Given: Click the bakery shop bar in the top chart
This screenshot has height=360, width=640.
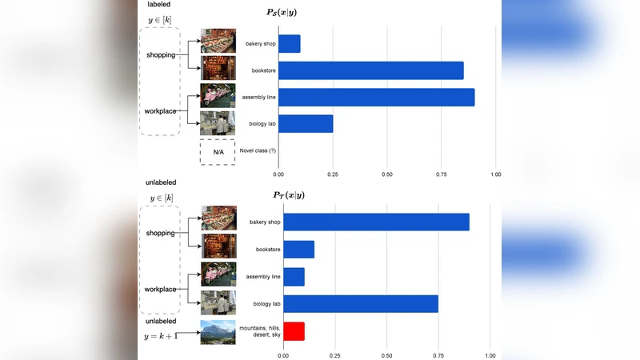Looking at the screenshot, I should click(289, 43).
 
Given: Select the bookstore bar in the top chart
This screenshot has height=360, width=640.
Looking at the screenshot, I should click(371, 70).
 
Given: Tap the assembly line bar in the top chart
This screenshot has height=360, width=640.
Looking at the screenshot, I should click(376, 97).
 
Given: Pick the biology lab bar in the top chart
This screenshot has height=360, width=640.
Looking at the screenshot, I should click(306, 124).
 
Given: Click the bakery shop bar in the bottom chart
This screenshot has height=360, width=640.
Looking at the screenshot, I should click(376, 222).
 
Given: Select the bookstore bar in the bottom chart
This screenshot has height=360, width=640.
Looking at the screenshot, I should click(298, 250).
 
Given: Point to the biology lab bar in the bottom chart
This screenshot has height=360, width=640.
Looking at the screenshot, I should click(361, 303).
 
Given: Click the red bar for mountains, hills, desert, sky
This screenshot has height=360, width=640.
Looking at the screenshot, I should click(294, 330).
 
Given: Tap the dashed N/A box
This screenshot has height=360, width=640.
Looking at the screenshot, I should click(218, 152).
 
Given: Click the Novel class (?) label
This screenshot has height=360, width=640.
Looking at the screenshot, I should click(257, 151).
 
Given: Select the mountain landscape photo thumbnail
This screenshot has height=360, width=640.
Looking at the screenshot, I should click(218, 331).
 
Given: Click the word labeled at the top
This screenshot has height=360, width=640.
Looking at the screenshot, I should click(159, 4).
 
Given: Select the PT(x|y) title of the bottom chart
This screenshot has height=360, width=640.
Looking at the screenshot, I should click(289, 194).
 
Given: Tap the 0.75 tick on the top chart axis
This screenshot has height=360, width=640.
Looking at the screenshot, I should click(442, 174).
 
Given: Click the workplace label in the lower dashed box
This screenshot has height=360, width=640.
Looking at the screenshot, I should click(160, 289).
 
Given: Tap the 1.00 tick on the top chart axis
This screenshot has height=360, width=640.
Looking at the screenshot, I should click(496, 174).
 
